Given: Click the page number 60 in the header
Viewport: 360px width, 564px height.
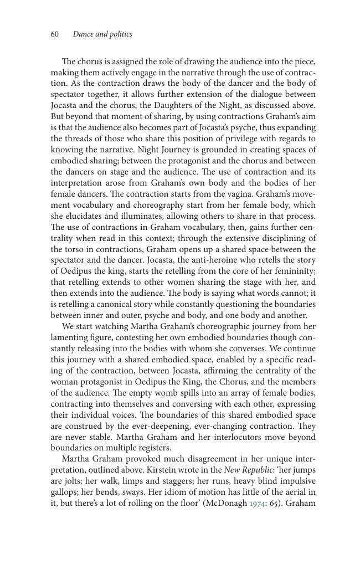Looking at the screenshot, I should tap(54, 34).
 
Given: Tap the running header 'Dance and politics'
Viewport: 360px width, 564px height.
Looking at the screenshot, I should tap(102, 34).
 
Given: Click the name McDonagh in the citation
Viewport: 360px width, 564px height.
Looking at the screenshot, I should tap(227, 503).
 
